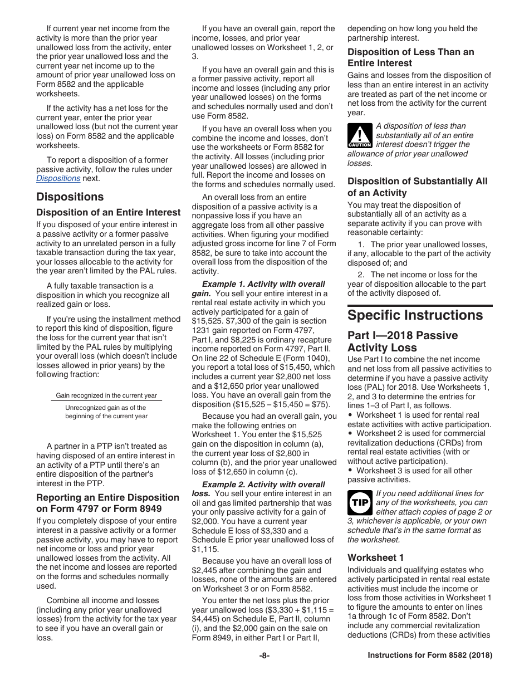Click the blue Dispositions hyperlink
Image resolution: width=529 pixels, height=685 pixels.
(58, 179)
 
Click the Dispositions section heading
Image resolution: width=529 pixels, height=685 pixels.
(70, 197)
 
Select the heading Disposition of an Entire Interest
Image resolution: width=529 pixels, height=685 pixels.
(109, 213)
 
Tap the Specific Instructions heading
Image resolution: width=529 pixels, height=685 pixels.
(415, 316)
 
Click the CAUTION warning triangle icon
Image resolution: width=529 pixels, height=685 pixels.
(360, 135)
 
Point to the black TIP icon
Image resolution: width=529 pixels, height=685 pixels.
(360, 503)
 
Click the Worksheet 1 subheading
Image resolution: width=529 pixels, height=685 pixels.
(376, 557)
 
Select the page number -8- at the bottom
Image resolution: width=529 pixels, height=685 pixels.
(264, 655)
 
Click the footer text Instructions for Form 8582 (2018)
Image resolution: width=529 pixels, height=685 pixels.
(430, 655)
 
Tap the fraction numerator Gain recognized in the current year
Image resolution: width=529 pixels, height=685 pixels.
(106, 395)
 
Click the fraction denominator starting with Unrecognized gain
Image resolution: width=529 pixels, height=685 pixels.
(106, 412)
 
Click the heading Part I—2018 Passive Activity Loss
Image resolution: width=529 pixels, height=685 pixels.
(403, 341)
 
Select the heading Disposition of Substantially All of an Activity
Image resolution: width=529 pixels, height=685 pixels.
(417, 187)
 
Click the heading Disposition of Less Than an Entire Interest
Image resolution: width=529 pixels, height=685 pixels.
(411, 57)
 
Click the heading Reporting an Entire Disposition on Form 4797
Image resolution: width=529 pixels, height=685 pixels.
(108, 503)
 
